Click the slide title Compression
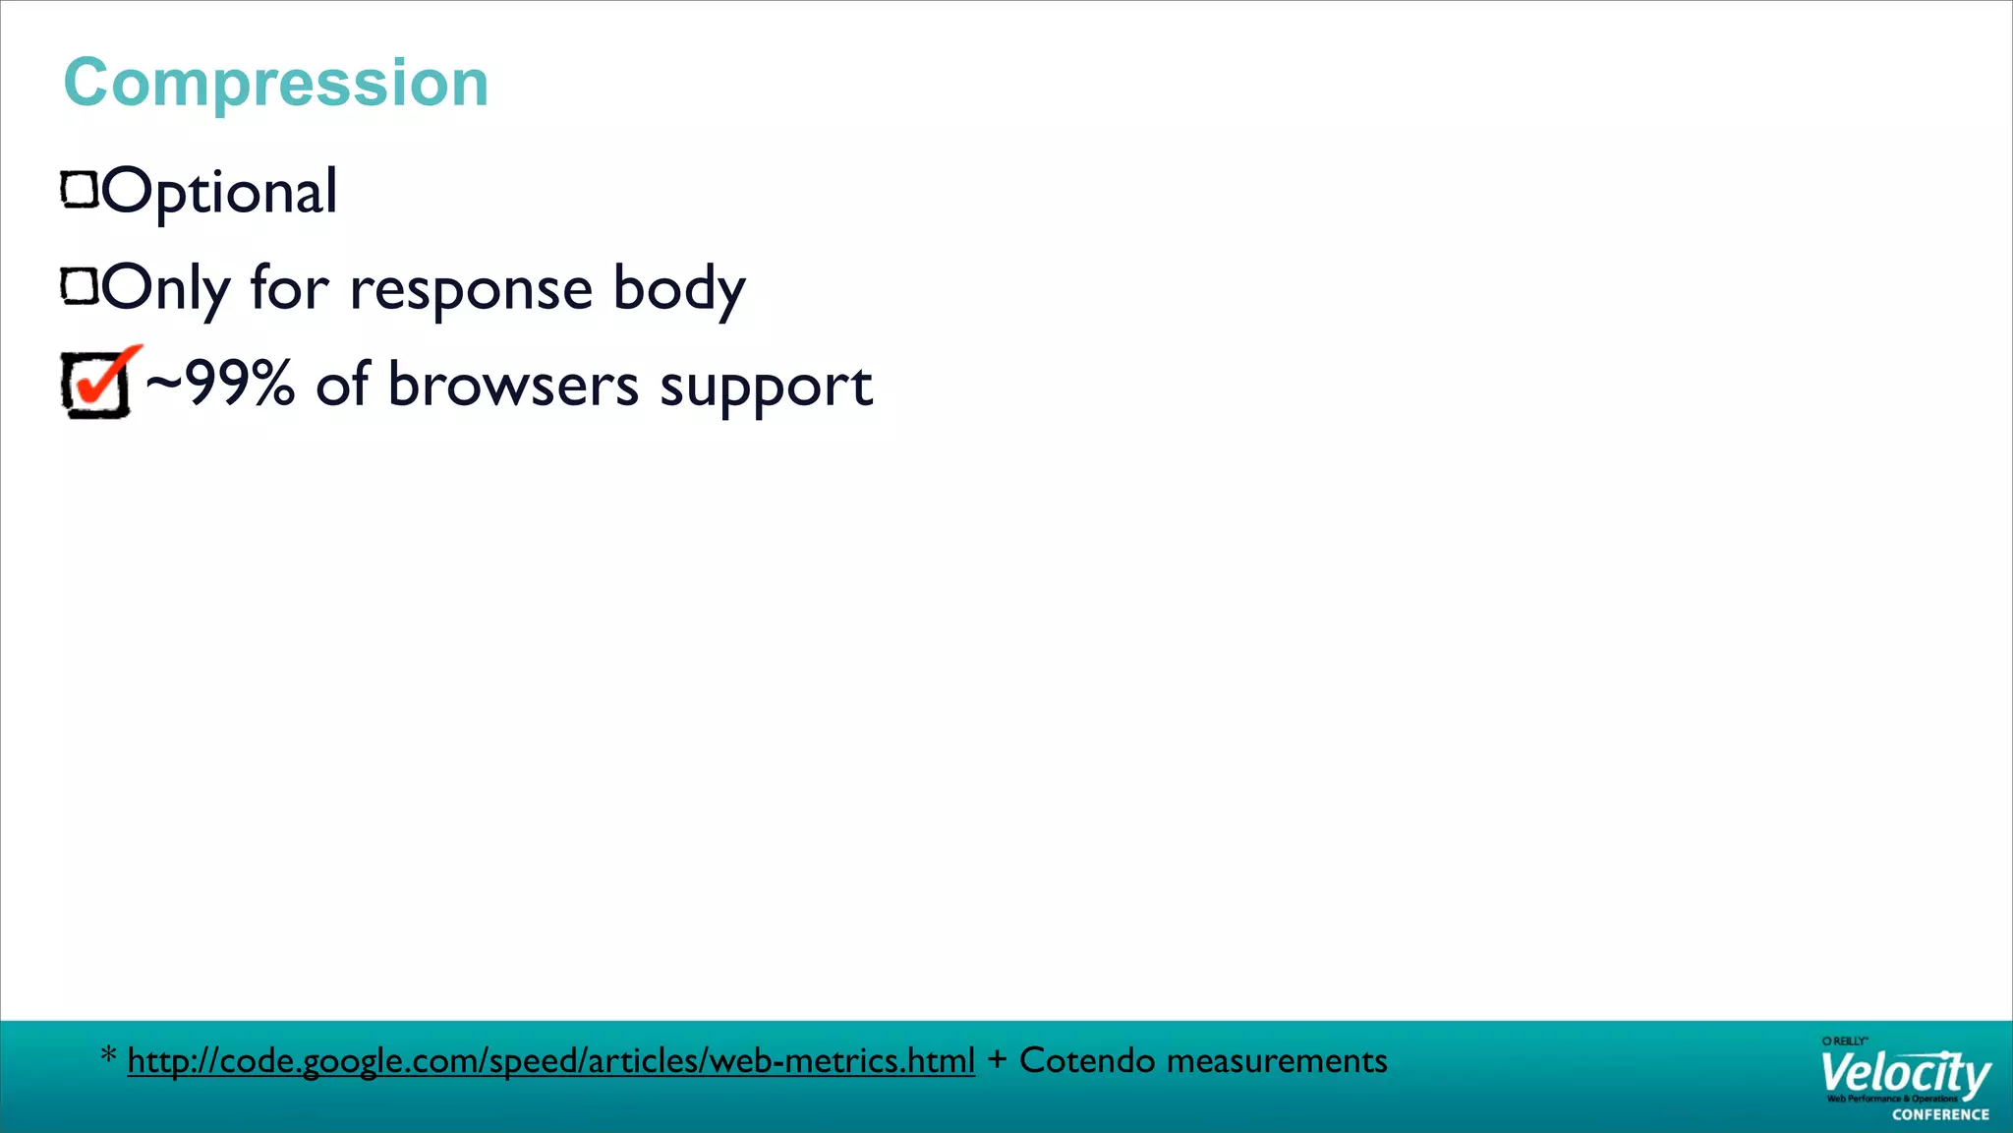point(276,83)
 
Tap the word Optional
point(219,192)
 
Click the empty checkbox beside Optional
point(80,190)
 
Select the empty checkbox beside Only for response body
point(80,286)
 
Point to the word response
point(471,290)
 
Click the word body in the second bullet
point(679,290)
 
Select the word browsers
point(513,385)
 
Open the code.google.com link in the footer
point(550,1061)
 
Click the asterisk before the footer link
point(109,1057)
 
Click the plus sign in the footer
point(997,1060)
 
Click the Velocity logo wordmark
point(1904,1074)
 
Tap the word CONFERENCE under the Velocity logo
point(1940,1114)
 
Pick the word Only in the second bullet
point(166,289)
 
